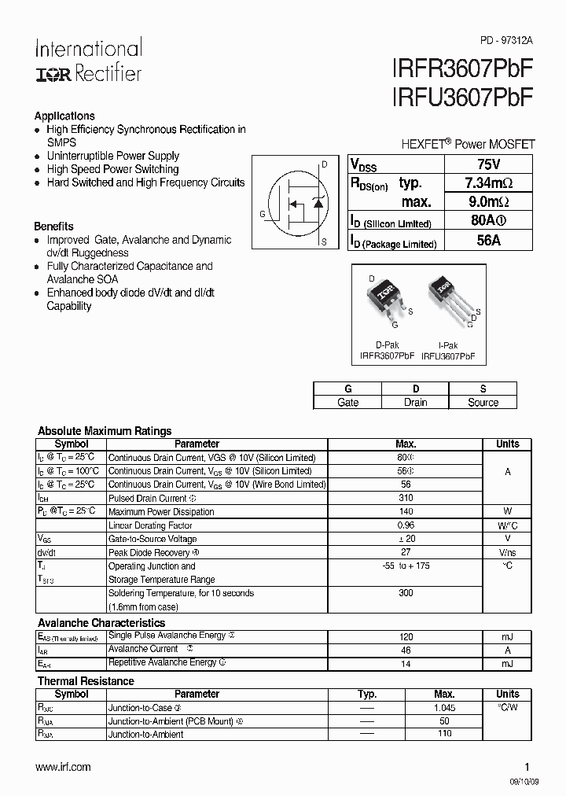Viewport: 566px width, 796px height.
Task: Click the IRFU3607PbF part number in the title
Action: pos(461,98)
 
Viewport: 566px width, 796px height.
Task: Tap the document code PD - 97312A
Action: pos(506,39)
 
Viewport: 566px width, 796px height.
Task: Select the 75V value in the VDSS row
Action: pos(488,164)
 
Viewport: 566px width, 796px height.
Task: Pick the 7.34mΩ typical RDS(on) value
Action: pos(488,183)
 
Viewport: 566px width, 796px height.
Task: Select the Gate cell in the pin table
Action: pos(347,402)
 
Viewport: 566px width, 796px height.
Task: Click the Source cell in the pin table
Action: pos(483,402)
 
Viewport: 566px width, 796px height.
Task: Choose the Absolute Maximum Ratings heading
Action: pos(105,431)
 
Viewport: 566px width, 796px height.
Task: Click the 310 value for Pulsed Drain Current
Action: pos(406,499)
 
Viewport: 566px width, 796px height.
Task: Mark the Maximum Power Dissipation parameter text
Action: pos(161,512)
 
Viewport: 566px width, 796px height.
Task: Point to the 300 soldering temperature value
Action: pos(406,593)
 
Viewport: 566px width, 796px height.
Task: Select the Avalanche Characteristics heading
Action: pos(101,623)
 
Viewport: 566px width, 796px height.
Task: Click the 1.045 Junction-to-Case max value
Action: pos(444,708)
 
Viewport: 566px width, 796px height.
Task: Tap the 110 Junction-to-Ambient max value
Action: pos(444,734)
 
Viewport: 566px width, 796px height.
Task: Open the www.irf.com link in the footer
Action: pos(64,766)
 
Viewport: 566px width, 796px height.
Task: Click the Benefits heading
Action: pos(54,226)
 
